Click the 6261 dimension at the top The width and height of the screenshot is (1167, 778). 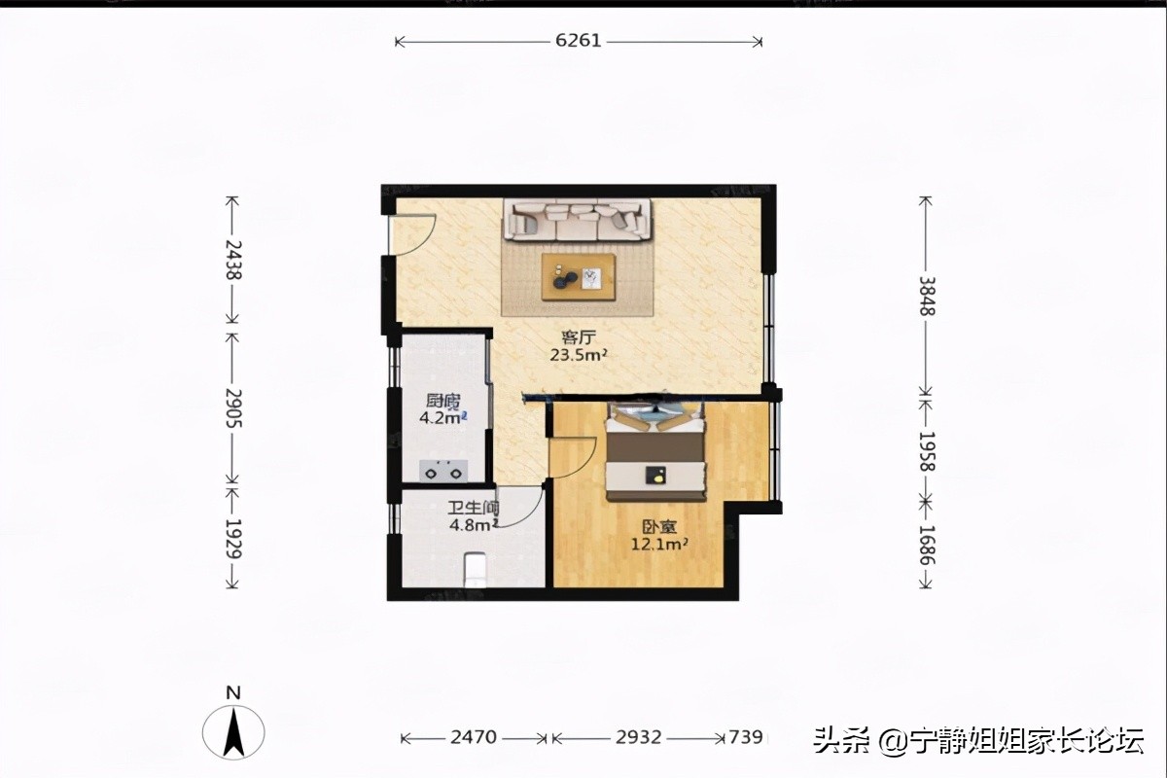tap(579, 41)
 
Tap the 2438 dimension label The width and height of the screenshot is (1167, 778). tap(232, 260)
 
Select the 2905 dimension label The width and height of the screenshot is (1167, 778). tap(232, 407)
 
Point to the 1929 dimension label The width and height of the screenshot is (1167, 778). tap(232, 538)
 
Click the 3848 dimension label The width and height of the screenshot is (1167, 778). tap(927, 296)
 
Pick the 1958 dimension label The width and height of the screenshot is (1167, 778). tap(927, 451)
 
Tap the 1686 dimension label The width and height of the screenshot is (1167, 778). tap(927, 546)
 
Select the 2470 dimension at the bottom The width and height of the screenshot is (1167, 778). tap(474, 737)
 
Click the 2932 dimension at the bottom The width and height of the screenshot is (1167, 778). tap(638, 737)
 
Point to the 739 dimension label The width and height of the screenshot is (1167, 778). tap(745, 737)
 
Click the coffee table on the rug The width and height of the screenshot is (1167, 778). tap(579, 278)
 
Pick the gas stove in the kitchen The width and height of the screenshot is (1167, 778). tap(443, 471)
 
